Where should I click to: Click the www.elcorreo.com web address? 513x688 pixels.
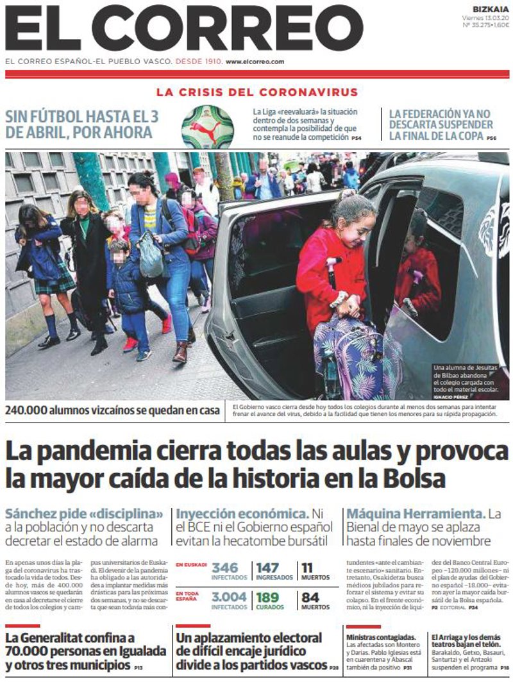(255, 62)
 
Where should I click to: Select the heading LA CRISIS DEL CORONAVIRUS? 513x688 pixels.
(256, 92)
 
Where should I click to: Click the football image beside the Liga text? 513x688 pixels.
(207, 126)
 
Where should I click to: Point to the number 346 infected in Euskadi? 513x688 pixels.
(224, 568)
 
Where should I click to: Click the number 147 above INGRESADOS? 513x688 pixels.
(268, 568)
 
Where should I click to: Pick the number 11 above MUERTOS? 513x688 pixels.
(307, 568)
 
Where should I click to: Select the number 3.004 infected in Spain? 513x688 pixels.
(228, 597)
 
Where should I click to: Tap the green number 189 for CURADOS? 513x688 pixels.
(268, 597)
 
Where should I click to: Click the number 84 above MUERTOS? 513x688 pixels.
(310, 597)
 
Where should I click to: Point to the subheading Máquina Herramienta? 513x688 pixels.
(415, 514)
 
